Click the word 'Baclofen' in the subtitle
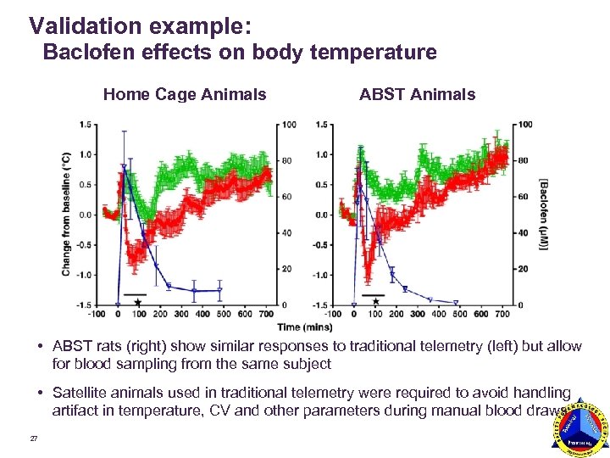[85, 53]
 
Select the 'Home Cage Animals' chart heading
[185, 95]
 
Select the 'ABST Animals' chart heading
[417, 95]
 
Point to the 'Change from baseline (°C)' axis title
[66, 214]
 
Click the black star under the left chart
[138, 302]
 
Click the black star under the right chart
[374, 302]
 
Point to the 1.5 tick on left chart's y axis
[85, 125]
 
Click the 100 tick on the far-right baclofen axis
[524, 125]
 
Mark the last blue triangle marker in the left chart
[219, 291]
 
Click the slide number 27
[33, 438]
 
